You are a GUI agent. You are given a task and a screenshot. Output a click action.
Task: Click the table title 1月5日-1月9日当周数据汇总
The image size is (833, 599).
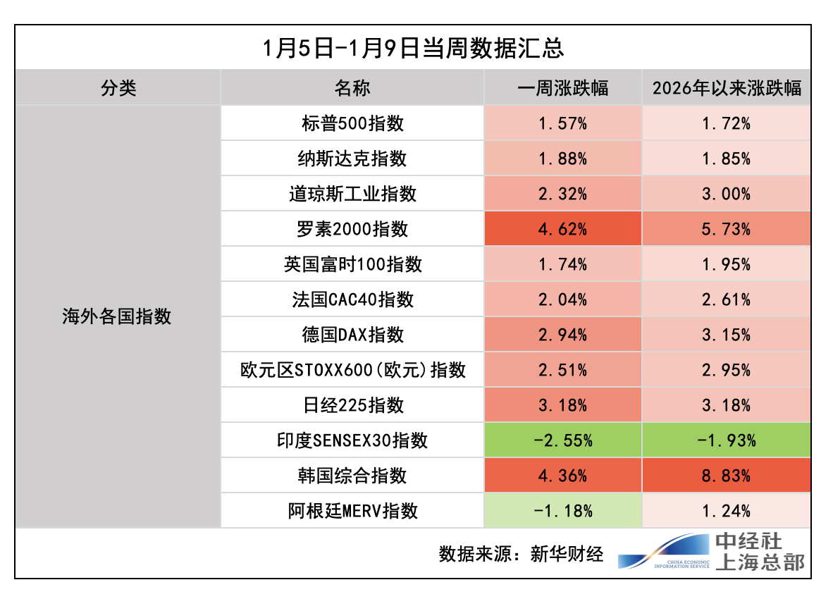[412, 48]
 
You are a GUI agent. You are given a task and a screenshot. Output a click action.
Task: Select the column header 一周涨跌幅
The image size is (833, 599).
[562, 88]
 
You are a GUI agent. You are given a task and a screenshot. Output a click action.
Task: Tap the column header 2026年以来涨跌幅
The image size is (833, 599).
[726, 88]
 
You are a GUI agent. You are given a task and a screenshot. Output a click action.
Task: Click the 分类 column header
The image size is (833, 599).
[118, 88]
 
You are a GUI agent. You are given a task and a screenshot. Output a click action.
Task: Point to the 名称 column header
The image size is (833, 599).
[352, 88]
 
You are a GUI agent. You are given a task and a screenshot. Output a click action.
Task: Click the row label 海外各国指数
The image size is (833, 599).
[117, 317]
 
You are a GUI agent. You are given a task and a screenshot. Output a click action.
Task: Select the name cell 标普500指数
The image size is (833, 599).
[352, 123]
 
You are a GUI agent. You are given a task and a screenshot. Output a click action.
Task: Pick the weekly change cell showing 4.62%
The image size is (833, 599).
[562, 229]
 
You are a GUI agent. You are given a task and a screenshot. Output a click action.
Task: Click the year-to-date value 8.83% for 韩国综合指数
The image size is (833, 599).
[726, 476]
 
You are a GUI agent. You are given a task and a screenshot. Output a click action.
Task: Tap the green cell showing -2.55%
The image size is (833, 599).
[562, 440]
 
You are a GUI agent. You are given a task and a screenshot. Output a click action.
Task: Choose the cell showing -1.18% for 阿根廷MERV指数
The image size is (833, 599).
[562, 511]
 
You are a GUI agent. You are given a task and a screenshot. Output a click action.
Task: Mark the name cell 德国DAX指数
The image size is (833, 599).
[352, 335]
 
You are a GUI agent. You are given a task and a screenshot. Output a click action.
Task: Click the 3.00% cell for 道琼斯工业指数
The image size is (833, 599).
[726, 194]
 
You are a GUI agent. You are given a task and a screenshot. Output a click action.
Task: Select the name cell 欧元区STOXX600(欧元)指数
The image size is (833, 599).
[352, 370]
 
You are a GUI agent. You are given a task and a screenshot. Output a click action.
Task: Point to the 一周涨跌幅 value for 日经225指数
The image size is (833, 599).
[562, 405]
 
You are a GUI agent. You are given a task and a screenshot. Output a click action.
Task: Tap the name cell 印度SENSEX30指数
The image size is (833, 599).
[352, 440]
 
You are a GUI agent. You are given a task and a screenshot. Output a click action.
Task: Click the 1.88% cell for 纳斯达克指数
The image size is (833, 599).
[562, 159]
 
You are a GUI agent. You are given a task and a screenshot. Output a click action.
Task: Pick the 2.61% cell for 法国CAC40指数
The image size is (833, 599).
[726, 299]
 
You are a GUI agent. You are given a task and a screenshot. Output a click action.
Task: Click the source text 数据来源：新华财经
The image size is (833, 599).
[521, 553]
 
